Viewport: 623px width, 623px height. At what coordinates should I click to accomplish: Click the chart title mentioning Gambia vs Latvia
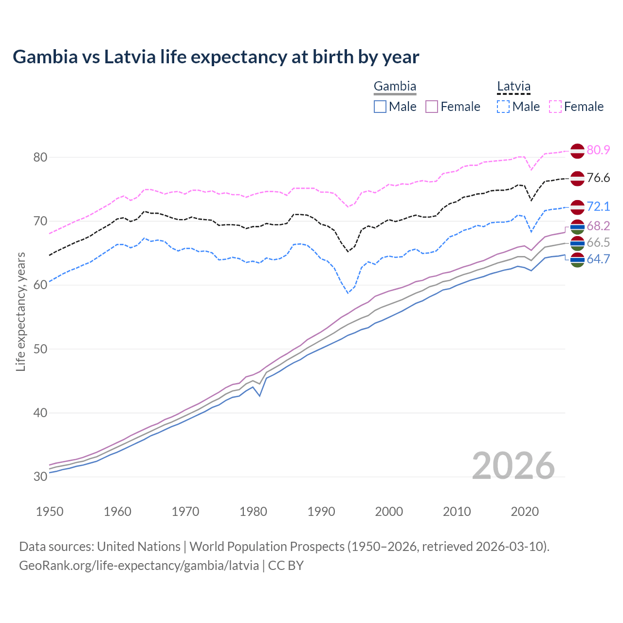[216, 57]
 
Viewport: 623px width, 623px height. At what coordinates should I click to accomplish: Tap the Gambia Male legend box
[380, 107]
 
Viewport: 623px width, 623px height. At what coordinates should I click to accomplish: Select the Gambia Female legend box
[432, 107]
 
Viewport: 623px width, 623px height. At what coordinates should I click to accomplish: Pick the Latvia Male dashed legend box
[503, 107]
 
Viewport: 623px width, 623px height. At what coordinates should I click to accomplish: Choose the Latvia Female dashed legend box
[555, 107]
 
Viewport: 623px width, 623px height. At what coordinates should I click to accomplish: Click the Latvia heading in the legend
[513, 87]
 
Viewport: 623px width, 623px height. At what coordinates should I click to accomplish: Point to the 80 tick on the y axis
[40, 157]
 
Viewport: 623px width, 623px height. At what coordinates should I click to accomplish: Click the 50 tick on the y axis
[40, 349]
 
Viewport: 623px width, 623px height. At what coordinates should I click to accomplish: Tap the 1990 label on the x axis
[321, 512]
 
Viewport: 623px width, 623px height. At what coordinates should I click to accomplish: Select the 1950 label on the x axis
[50, 512]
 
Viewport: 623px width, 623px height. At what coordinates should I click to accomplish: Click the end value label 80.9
[598, 150]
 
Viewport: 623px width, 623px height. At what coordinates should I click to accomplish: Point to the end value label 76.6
[598, 178]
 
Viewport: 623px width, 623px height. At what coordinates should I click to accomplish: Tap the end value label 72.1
[598, 206]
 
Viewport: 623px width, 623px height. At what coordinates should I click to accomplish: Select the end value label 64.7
[598, 259]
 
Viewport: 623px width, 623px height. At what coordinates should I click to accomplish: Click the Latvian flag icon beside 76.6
[577, 178]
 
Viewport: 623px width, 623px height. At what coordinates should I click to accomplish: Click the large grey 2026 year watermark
[513, 466]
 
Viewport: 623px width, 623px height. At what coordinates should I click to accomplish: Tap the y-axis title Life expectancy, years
[20, 311]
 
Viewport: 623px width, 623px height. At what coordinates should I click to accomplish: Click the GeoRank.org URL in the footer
[139, 566]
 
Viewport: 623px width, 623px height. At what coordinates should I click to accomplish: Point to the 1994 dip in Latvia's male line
[348, 293]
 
